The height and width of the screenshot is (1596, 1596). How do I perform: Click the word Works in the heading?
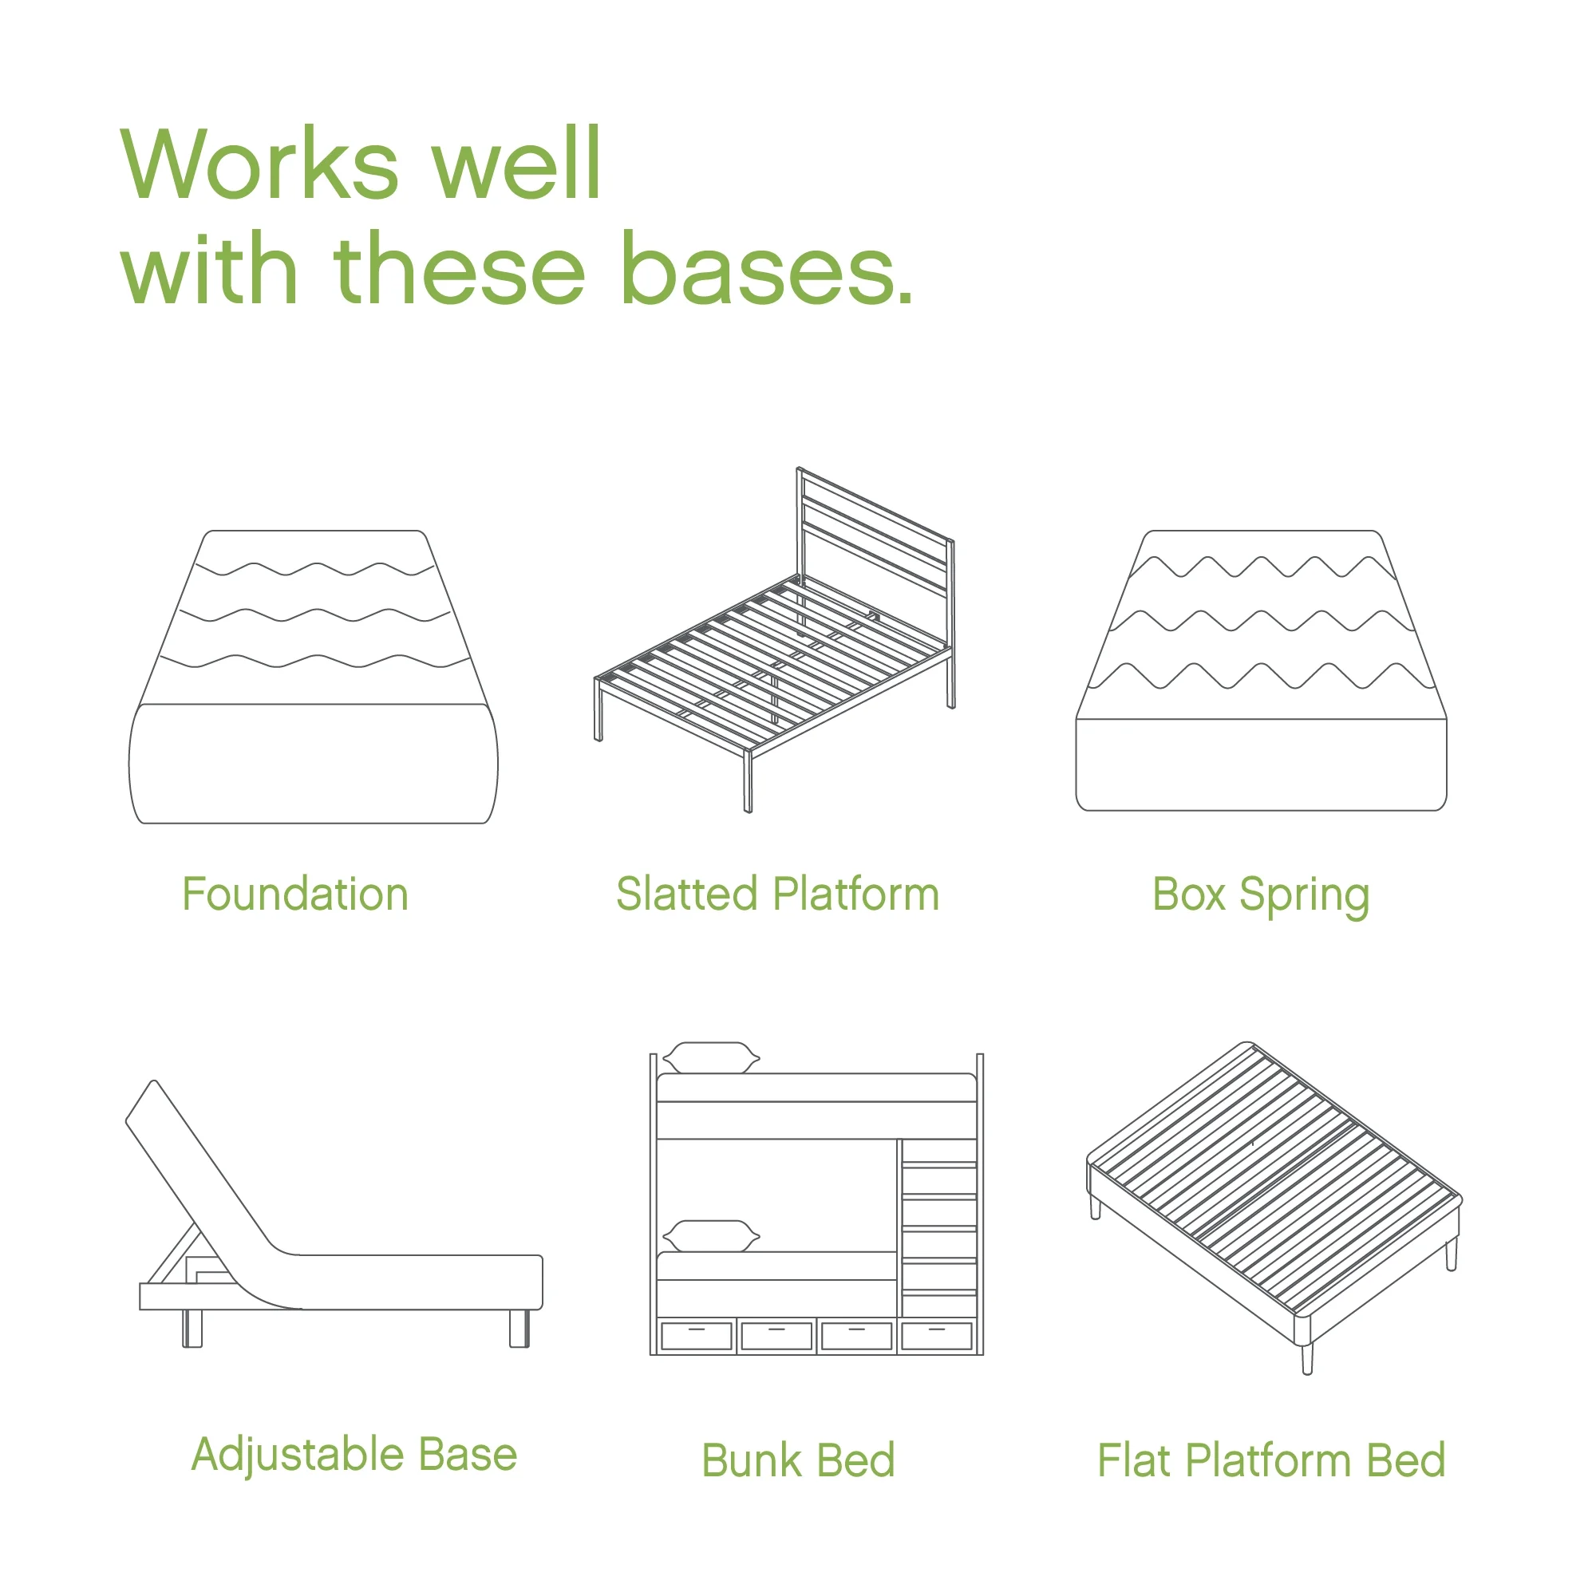(260, 163)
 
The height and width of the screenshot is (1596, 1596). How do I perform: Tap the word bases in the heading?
(767, 267)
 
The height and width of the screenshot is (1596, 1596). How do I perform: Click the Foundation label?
(295, 894)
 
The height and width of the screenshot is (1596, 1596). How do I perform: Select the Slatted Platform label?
(777, 894)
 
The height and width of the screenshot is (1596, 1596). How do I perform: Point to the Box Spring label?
(1261, 896)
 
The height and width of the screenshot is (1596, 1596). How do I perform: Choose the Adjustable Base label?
(354, 1456)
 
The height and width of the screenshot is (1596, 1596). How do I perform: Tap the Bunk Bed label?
(798, 1460)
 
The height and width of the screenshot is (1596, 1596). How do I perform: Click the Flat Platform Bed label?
(1271, 1460)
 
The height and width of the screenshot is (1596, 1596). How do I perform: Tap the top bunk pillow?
(711, 1057)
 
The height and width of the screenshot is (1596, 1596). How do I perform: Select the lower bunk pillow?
(711, 1236)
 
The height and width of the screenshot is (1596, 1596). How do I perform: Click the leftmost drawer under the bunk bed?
(697, 1337)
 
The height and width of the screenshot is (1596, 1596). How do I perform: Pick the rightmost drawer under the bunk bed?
(936, 1337)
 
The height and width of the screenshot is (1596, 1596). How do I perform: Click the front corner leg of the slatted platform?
(748, 781)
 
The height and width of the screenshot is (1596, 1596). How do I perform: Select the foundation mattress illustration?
(313, 677)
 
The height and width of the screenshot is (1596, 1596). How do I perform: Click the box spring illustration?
(1261, 671)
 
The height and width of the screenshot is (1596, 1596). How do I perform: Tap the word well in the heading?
(517, 163)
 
